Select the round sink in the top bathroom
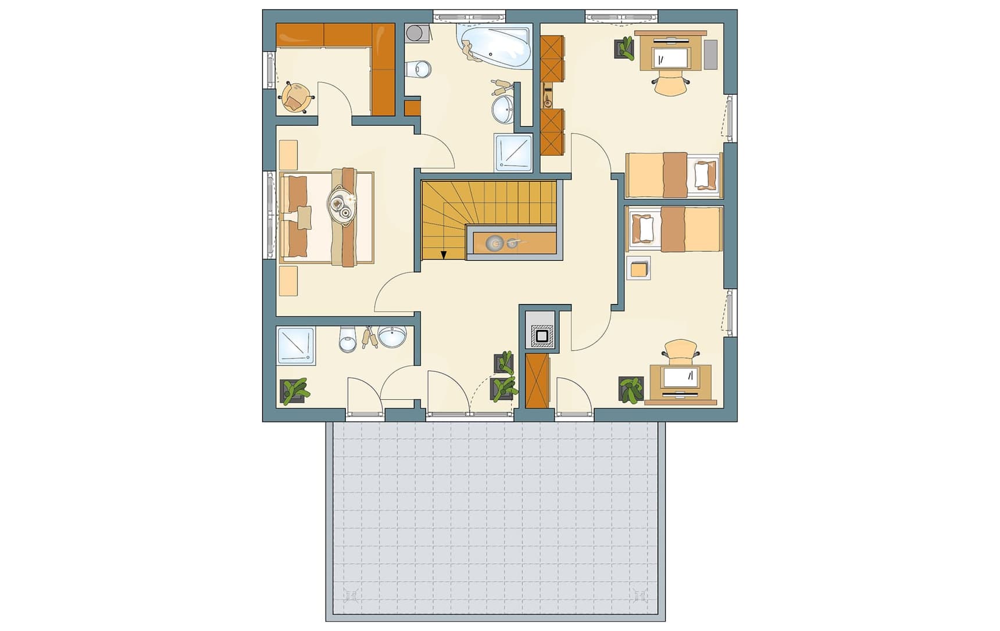pos(503,109)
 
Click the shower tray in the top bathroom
pos(513,152)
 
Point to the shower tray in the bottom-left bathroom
pos(296,346)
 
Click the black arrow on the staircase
pos(444,254)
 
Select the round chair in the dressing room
pos(296,96)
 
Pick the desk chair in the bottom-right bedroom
pos(680,350)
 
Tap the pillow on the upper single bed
pos(702,174)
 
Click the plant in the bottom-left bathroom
pos(294,390)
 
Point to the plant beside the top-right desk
pos(625,48)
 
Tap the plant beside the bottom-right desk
pos(631,389)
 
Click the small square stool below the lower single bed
pos(638,269)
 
